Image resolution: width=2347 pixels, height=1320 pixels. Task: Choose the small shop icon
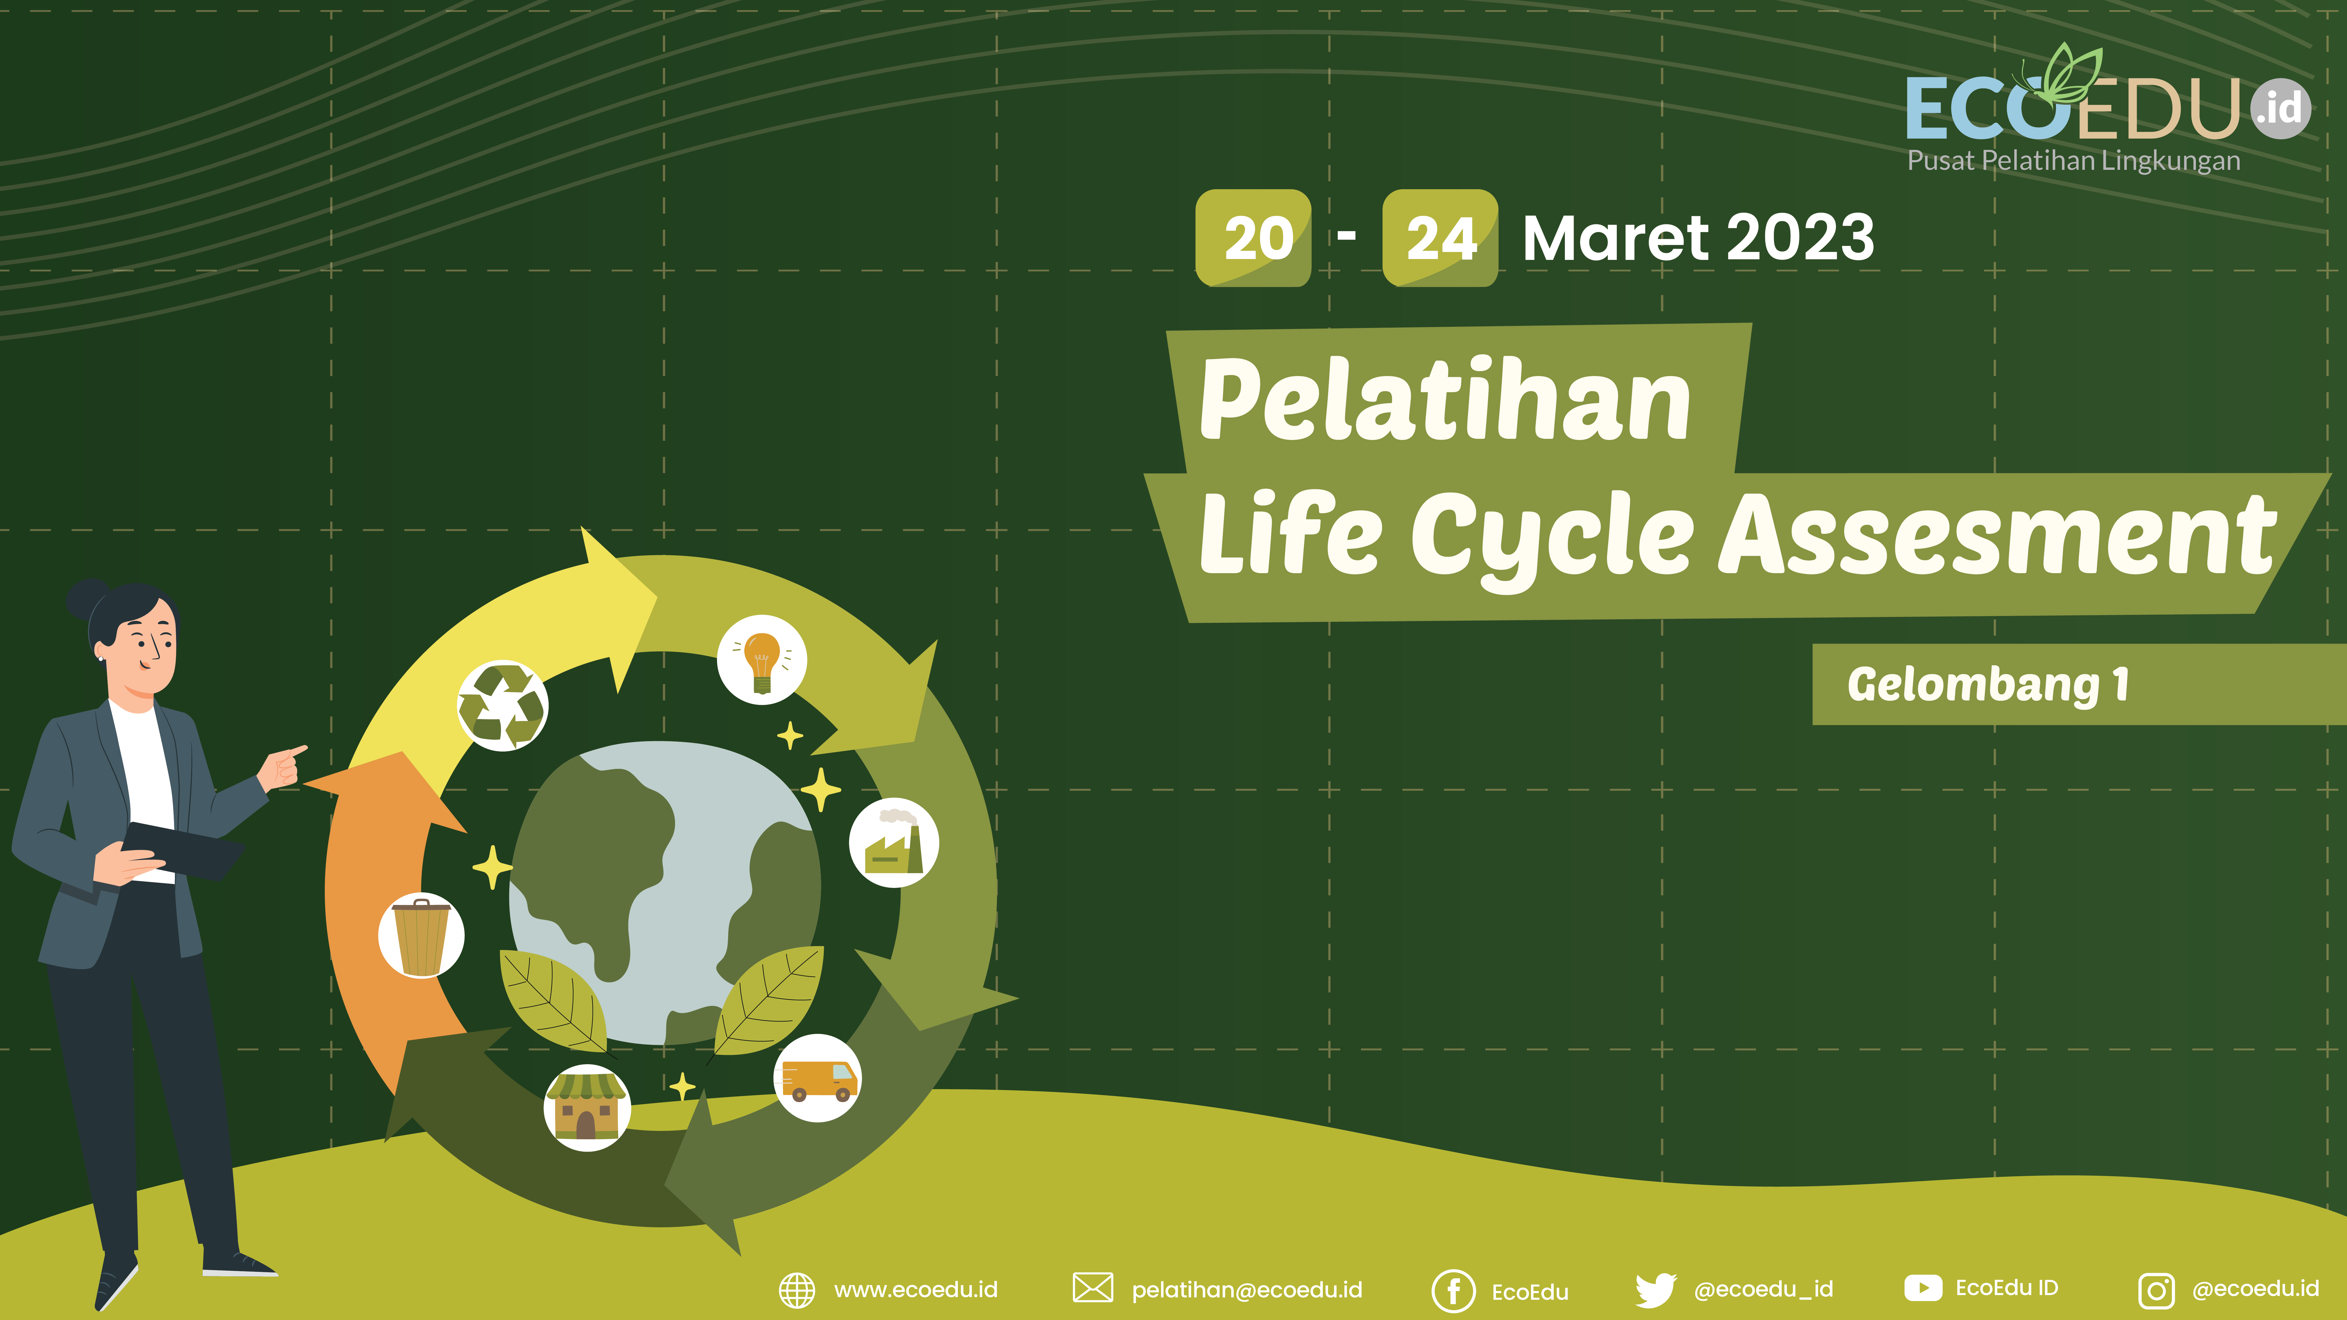587,1107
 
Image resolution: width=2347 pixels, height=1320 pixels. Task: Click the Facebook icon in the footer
1453,1290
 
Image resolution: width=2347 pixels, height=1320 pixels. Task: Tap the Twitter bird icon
1655,1290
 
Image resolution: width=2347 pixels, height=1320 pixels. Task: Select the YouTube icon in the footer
1922,1288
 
